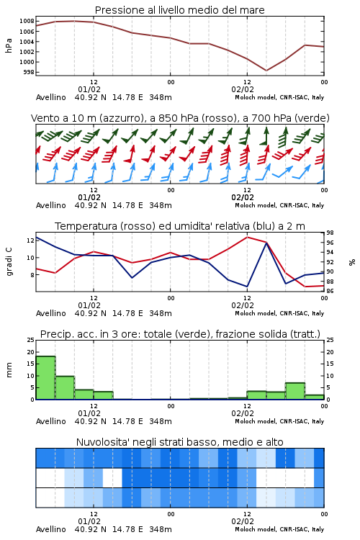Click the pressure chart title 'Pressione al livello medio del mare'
(x=179, y=10)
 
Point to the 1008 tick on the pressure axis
(x=27, y=21)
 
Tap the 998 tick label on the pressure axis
(x=29, y=72)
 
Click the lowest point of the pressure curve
(x=266, y=71)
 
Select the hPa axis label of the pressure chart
(x=9, y=46)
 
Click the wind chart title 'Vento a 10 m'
(x=180, y=118)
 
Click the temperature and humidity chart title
(x=180, y=226)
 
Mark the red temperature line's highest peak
(x=247, y=237)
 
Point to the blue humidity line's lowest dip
(x=247, y=287)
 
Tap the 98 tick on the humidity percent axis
(x=330, y=233)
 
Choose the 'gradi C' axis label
(x=9, y=262)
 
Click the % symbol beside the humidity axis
(x=352, y=262)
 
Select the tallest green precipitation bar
(x=45, y=378)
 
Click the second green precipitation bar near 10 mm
(x=65, y=388)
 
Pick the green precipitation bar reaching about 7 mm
(x=295, y=391)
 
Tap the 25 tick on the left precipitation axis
(x=31, y=340)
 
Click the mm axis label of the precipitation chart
(x=9, y=370)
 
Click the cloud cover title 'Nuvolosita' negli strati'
(x=180, y=442)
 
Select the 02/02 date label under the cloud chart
(x=243, y=521)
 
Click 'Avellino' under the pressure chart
(x=51, y=97)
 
